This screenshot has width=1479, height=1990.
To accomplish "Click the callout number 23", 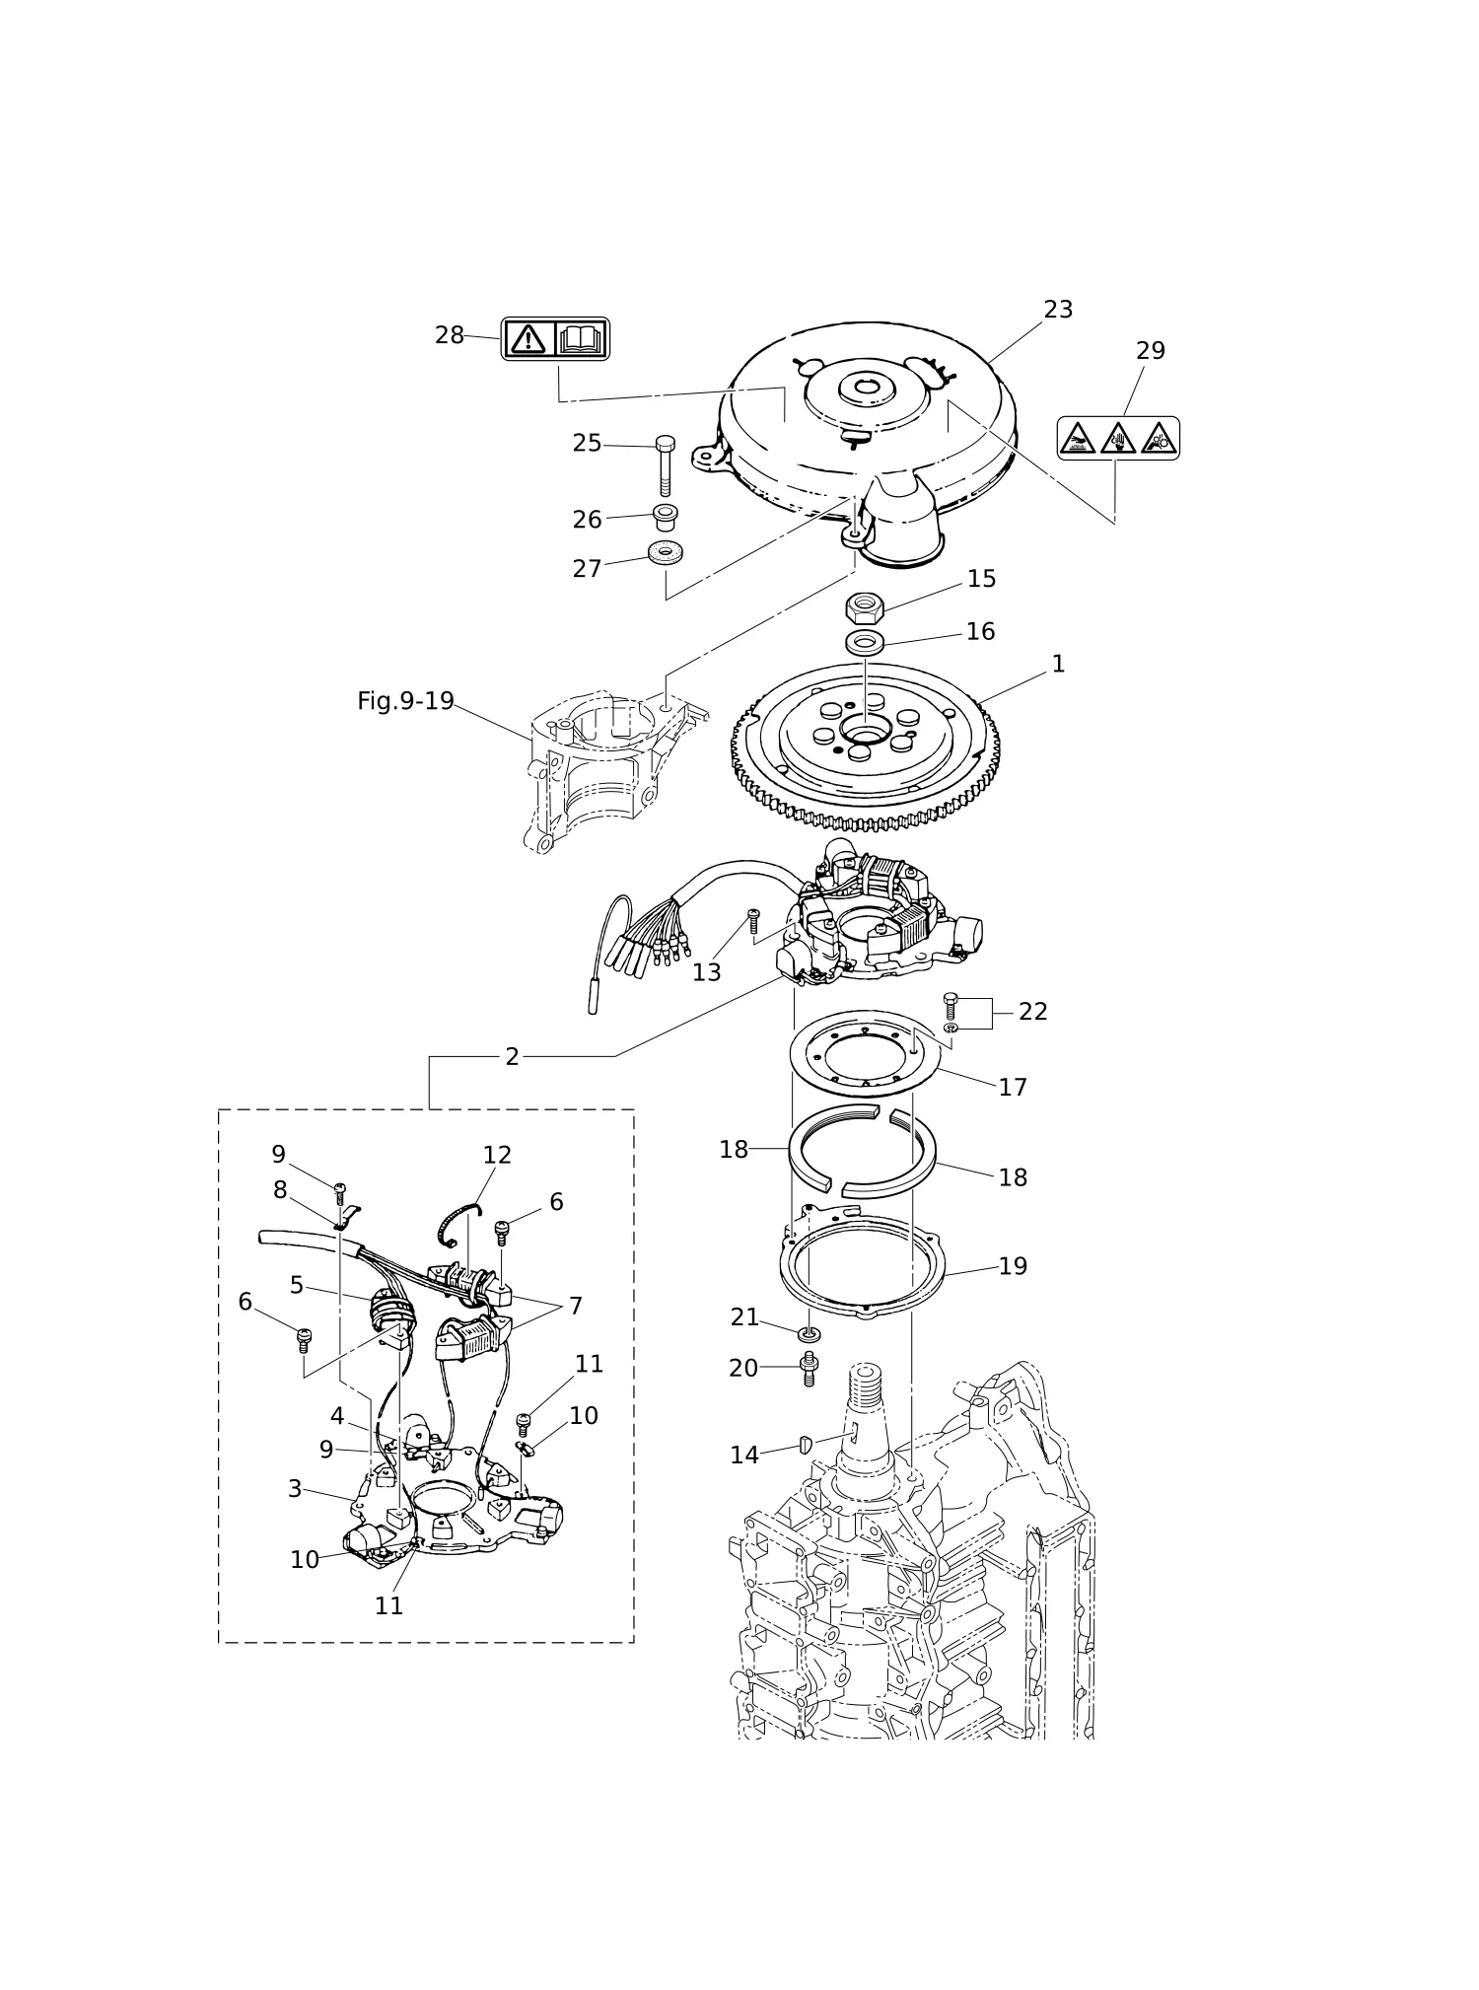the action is (x=1058, y=310).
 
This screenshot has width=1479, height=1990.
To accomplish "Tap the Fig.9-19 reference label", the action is (x=405, y=701).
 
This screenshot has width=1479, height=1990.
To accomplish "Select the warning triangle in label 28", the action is (x=529, y=339).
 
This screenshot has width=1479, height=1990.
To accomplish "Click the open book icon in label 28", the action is (x=580, y=339).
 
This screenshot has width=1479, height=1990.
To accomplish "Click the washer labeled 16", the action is (x=865, y=643).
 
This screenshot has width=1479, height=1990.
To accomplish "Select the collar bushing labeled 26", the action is (x=665, y=516).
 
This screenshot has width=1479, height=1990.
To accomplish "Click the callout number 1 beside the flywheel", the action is (x=1058, y=664).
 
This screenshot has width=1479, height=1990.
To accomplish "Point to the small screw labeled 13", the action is (x=753, y=922).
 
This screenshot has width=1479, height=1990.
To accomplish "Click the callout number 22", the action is (x=1032, y=1012).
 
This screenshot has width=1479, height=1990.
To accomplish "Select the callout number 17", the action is (x=1013, y=1087).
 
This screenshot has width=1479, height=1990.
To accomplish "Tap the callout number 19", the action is (x=1013, y=1266).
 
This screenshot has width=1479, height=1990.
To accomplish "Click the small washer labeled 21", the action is (x=810, y=1334).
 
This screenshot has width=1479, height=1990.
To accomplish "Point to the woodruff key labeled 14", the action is (x=805, y=1446).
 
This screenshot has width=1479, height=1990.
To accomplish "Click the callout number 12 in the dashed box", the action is (x=497, y=1155).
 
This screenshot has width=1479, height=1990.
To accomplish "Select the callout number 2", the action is (x=512, y=1057).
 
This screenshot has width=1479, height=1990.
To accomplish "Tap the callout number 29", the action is (x=1151, y=351).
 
